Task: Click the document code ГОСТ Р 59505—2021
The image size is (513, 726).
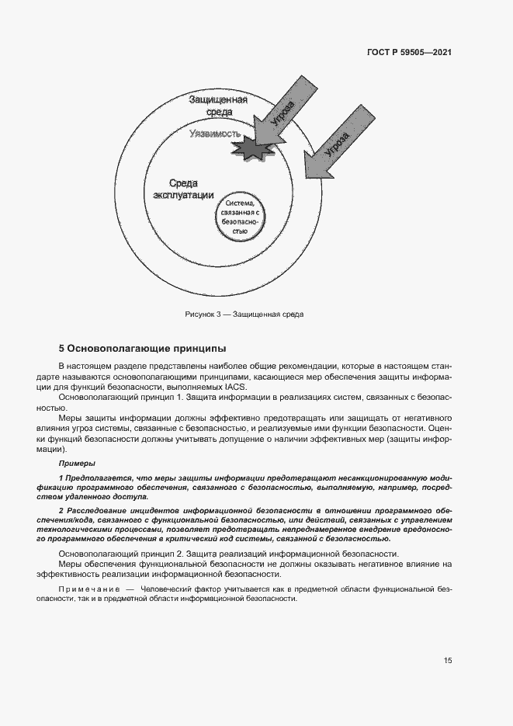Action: [x=409, y=53]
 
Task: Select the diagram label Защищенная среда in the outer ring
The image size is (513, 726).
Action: [x=218, y=106]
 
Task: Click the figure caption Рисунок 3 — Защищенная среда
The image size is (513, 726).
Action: [x=244, y=314]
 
